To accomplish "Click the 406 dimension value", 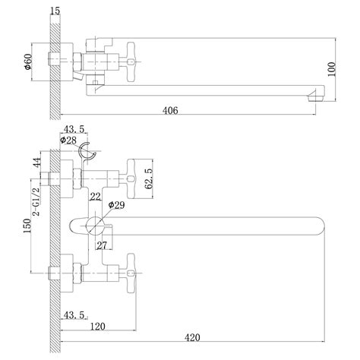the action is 170,110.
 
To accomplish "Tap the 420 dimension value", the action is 192,337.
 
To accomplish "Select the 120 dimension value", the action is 98,327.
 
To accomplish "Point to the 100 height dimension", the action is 331,69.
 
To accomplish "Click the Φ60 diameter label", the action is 27,62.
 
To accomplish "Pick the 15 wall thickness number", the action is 55,11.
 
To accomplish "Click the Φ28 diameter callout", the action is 68,140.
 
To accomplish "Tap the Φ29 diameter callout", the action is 116,205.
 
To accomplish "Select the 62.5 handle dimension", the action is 149,178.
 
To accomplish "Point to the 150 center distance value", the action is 27,226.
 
